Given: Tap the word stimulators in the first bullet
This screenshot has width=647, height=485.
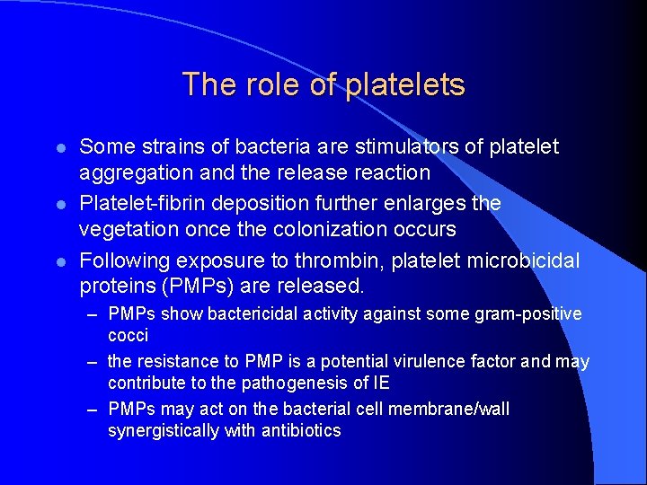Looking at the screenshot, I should [x=394, y=145].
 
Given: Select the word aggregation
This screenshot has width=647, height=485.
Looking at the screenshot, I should [x=135, y=172].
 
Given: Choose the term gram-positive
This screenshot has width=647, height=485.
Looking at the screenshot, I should [x=527, y=314].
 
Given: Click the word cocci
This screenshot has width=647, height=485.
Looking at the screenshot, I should [x=128, y=336].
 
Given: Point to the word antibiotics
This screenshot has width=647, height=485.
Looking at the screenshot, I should [x=301, y=431].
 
